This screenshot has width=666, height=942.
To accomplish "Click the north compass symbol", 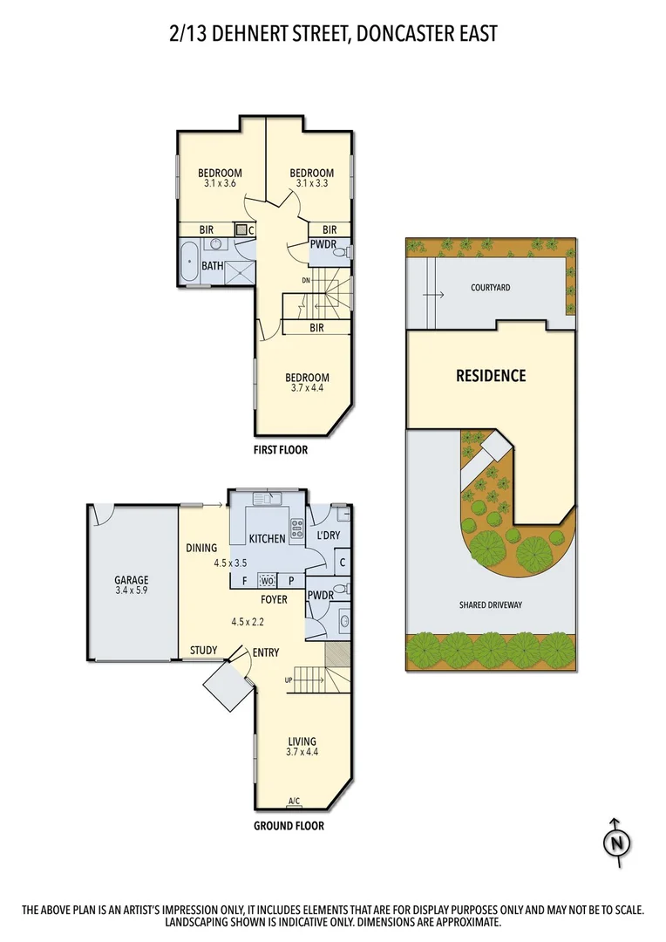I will tap(616, 843).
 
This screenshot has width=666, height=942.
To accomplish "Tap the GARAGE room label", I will tap(132, 580).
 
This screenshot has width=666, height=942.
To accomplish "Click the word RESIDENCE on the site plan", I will tap(491, 376).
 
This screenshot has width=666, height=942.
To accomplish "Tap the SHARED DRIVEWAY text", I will tap(491, 604).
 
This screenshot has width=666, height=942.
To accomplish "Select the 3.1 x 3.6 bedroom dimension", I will tap(219, 184).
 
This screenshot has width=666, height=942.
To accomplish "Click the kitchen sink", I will tap(267, 499).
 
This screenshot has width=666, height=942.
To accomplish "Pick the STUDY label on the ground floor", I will tap(204, 651).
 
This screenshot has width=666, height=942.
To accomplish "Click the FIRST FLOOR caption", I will tap(281, 451).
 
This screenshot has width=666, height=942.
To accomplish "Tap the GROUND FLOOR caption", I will tap(289, 825).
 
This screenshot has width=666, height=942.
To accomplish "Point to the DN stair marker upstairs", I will tap(306, 280).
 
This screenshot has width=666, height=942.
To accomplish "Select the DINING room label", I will tap(201, 549).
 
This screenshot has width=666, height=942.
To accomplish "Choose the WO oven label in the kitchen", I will tap(268, 580).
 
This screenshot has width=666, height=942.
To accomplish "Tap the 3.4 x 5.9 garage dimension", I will tap(132, 591).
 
